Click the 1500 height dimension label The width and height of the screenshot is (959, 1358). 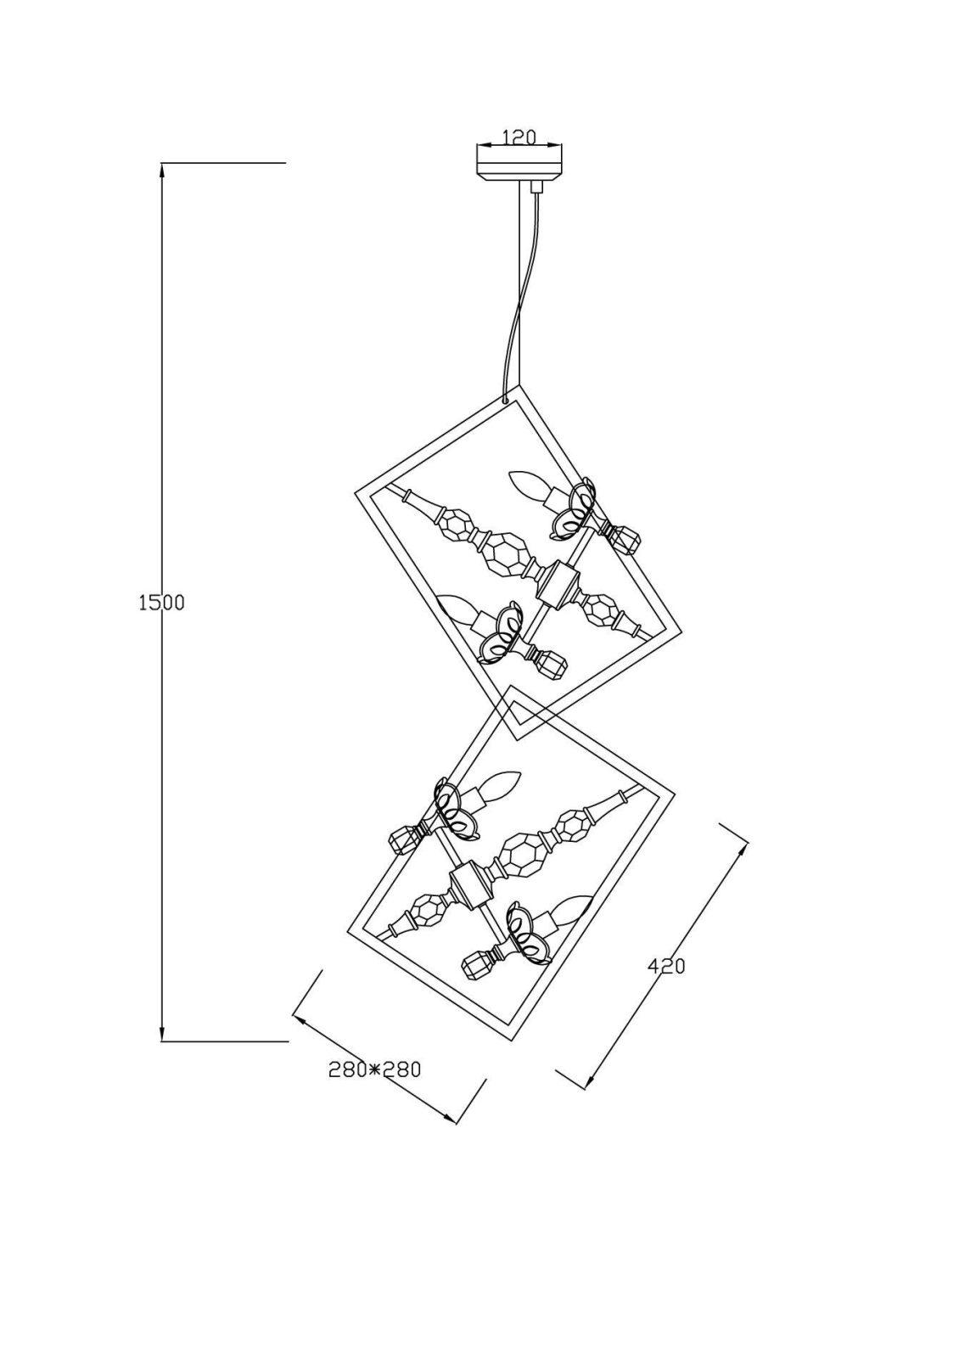(160, 603)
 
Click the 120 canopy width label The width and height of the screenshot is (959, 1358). (519, 137)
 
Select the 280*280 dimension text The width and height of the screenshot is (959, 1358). (374, 1069)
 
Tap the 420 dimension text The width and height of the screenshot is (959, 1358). (666, 966)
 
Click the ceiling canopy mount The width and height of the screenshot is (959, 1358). (519, 164)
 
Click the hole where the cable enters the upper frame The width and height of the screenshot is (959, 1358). (506, 396)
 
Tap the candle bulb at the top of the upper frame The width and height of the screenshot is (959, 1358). (527, 485)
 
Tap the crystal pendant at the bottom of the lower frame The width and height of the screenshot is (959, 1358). (479, 965)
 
